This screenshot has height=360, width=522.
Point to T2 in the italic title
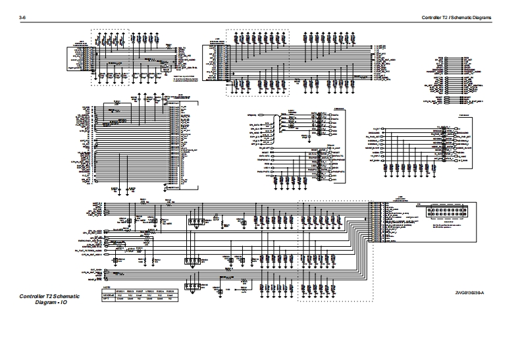coord(53,297)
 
